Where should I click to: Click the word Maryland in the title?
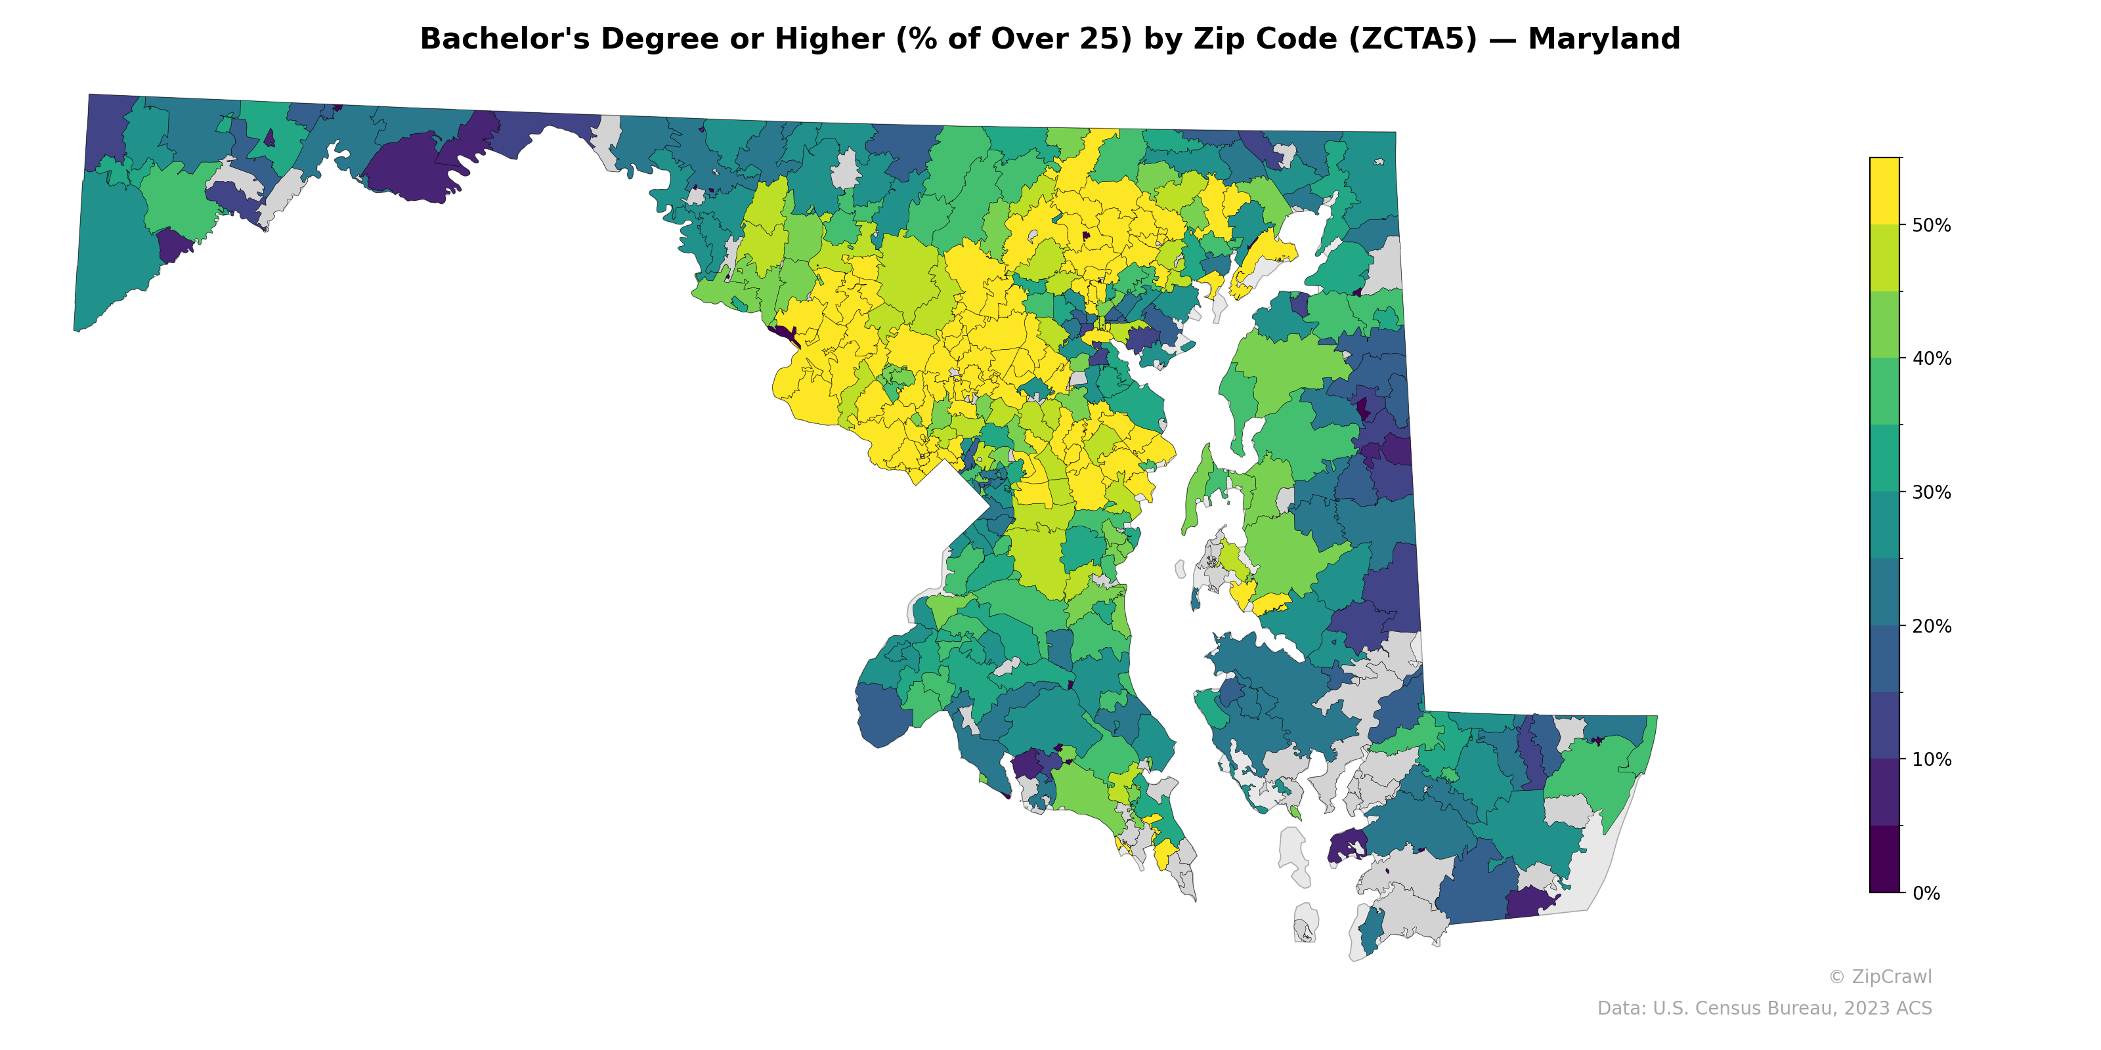pos(1603,39)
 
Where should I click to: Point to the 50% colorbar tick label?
pos(1932,226)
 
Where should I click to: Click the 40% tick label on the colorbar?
pos(1932,359)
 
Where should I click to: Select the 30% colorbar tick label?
pos(1932,492)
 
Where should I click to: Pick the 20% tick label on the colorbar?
pos(1932,626)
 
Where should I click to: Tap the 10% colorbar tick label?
pos(1932,760)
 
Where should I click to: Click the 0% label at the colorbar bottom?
pos(1926,893)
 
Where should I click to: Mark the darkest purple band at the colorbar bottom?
pos(1884,860)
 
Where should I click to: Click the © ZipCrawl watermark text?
pos(1880,976)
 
